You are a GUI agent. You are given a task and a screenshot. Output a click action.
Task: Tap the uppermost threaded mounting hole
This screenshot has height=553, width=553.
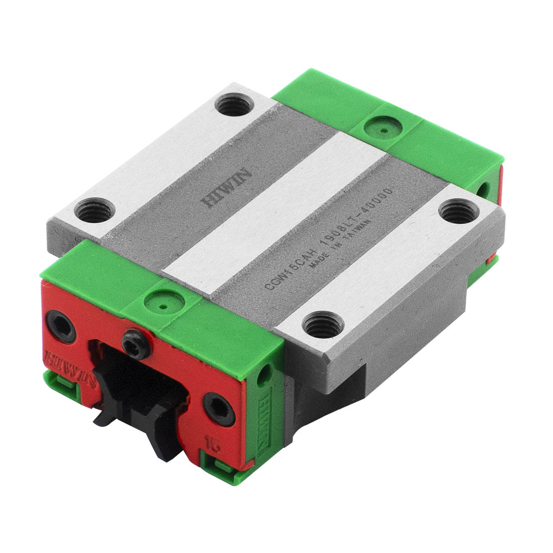[x=232, y=106]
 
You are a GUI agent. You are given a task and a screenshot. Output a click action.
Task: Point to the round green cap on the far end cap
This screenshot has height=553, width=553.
[x=384, y=130]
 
